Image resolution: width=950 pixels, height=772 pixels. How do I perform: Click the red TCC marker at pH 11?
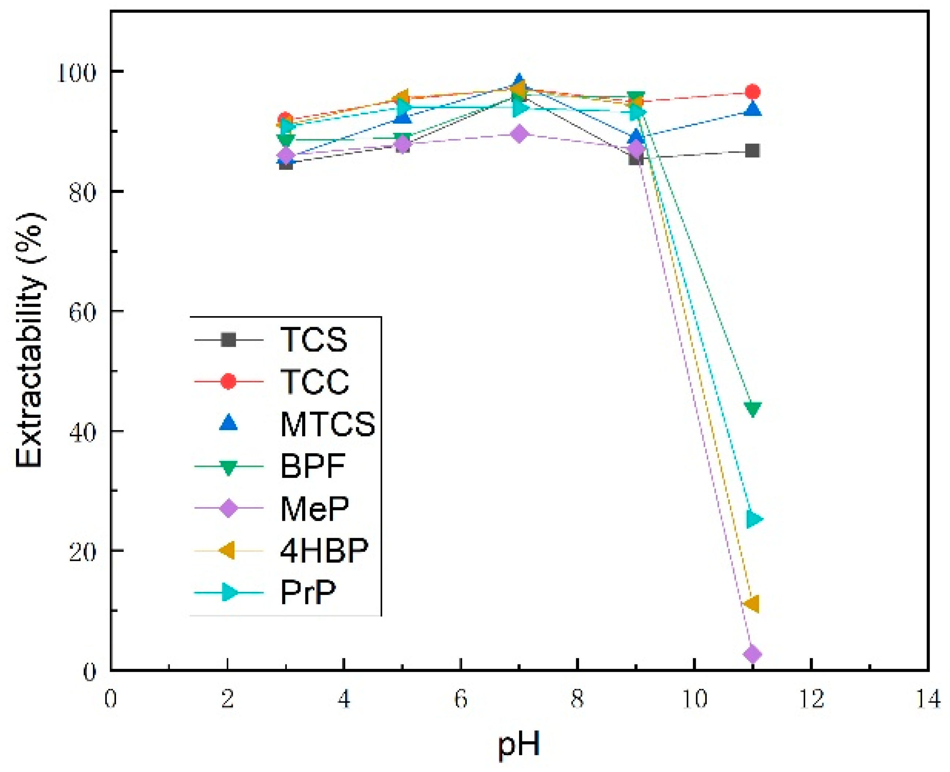click(x=752, y=92)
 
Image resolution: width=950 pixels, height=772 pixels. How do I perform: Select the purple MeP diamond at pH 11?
click(x=752, y=654)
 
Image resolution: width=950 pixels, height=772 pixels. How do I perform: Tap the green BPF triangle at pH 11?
click(x=752, y=408)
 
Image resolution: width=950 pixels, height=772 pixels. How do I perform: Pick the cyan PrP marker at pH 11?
click(x=754, y=518)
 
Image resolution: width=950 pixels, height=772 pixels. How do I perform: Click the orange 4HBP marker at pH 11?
click(x=751, y=604)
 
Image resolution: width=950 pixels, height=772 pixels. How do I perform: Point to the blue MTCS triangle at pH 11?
click(x=752, y=109)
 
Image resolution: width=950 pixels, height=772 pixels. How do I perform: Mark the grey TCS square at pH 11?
click(x=752, y=151)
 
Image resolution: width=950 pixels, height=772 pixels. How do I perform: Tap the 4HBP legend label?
click(x=324, y=551)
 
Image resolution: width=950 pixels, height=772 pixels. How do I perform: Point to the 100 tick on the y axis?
click(x=76, y=72)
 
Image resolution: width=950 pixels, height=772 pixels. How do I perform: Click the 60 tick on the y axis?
click(x=82, y=312)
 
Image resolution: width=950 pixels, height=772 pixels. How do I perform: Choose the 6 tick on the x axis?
click(x=461, y=700)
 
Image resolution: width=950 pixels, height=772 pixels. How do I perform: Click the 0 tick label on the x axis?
click(x=111, y=700)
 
